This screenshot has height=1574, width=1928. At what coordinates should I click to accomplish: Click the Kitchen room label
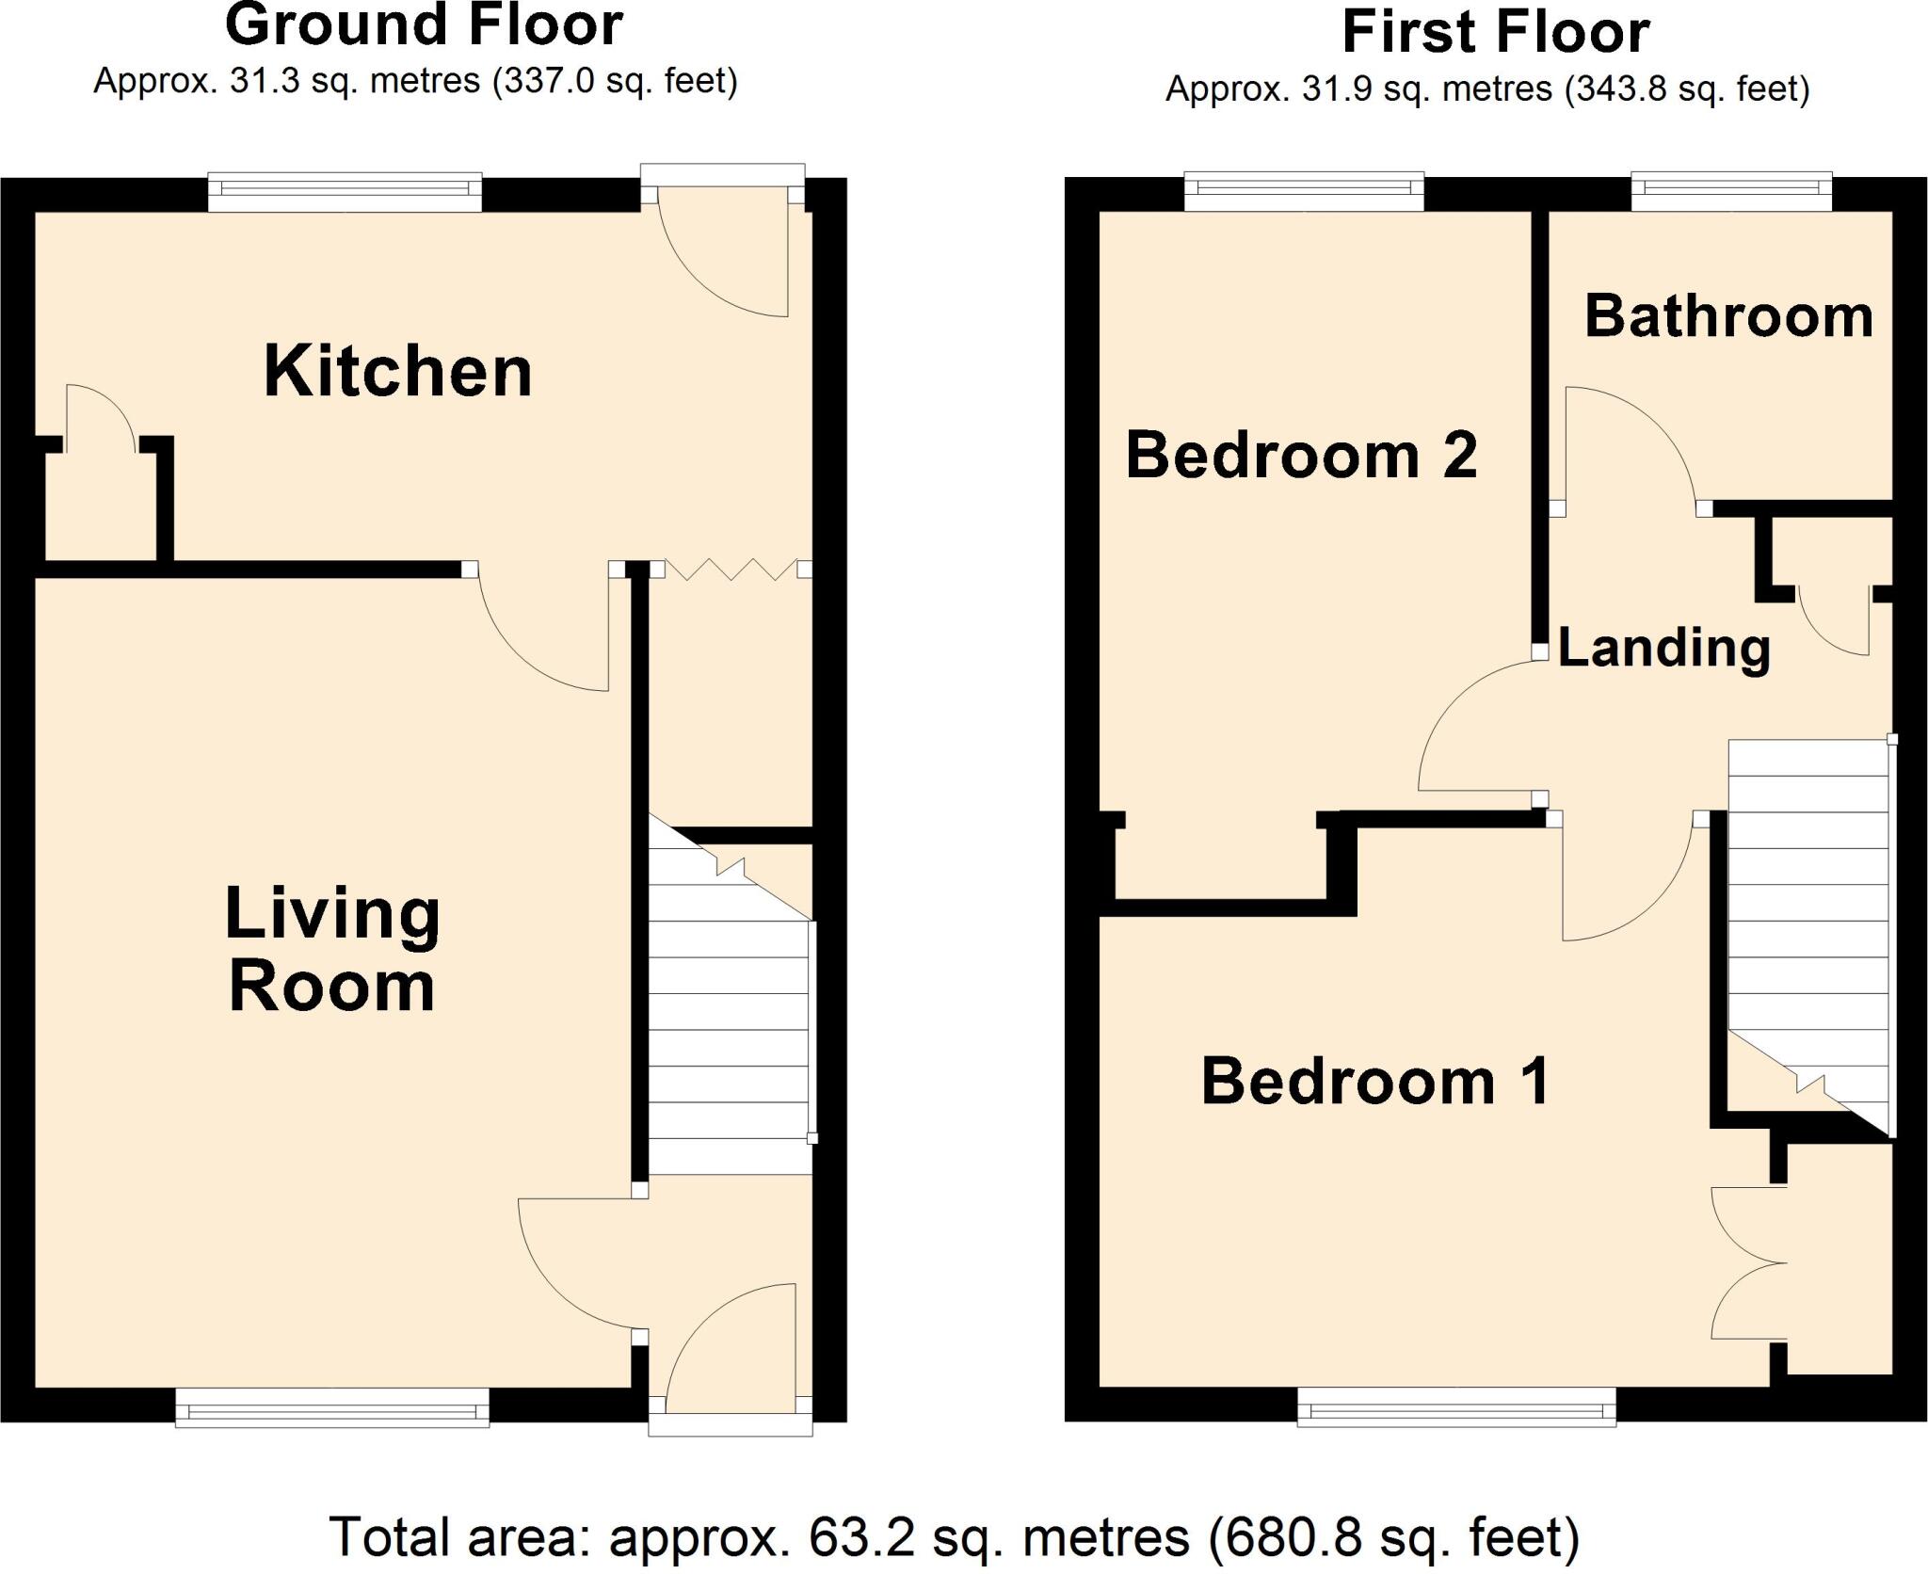tap(398, 373)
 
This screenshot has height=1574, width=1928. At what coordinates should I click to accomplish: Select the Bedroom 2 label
tap(1302, 456)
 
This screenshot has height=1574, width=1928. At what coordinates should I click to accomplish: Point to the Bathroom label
tap(1728, 316)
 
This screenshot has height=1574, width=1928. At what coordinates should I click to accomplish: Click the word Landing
tap(1664, 648)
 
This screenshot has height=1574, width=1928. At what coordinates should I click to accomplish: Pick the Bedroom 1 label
tap(1375, 1082)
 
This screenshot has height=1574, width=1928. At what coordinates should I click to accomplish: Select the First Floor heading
tap(1495, 32)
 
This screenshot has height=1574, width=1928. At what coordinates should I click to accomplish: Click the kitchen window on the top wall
tap(345, 192)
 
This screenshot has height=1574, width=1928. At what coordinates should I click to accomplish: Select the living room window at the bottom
tap(332, 1411)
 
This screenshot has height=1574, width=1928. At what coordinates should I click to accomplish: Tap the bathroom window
tap(1731, 192)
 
